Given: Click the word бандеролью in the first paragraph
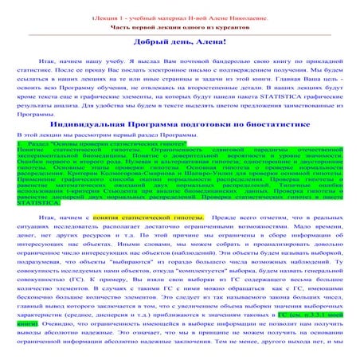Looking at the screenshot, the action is point(185,61).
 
